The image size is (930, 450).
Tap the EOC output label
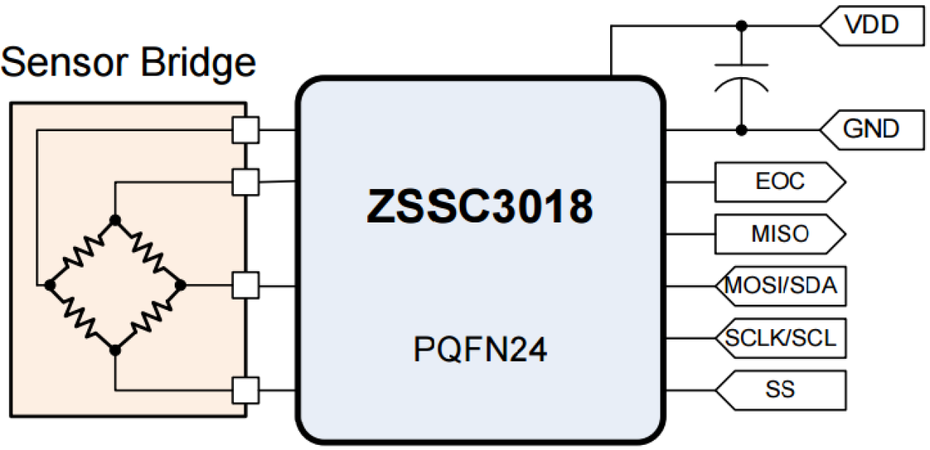[779, 182]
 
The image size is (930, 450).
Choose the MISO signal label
[779, 234]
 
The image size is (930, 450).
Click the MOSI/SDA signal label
[780, 286]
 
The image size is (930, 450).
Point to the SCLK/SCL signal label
[780, 338]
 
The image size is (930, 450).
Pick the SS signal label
[780, 390]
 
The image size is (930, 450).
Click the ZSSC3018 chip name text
[480, 208]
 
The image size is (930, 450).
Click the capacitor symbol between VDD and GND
[740, 78]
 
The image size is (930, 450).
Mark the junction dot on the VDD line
[740, 26]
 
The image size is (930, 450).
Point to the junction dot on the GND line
[740, 130]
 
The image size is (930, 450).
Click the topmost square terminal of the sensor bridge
[245, 130]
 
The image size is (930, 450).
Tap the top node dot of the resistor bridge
[115, 219]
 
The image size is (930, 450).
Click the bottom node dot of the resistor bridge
[115, 348]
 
